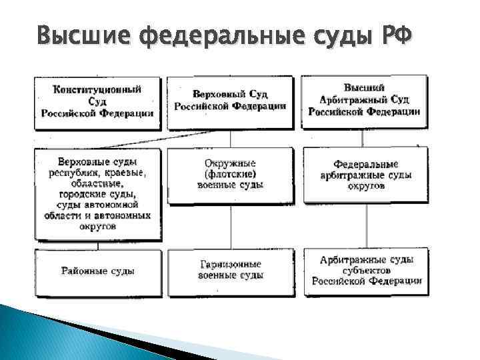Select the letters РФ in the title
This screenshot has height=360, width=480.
(x=395, y=33)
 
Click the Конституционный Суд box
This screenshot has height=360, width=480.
(x=97, y=100)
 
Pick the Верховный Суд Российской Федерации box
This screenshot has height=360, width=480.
(x=230, y=101)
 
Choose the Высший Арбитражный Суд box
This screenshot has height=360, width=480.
(x=364, y=101)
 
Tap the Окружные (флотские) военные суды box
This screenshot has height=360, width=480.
(x=230, y=174)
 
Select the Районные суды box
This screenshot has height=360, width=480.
(x=97, y=271)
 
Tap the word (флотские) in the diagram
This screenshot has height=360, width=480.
(x=230, y=174)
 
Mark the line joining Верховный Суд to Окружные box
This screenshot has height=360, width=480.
(x=231, y=138)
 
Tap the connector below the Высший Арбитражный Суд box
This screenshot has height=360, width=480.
(x=363, y=138)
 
